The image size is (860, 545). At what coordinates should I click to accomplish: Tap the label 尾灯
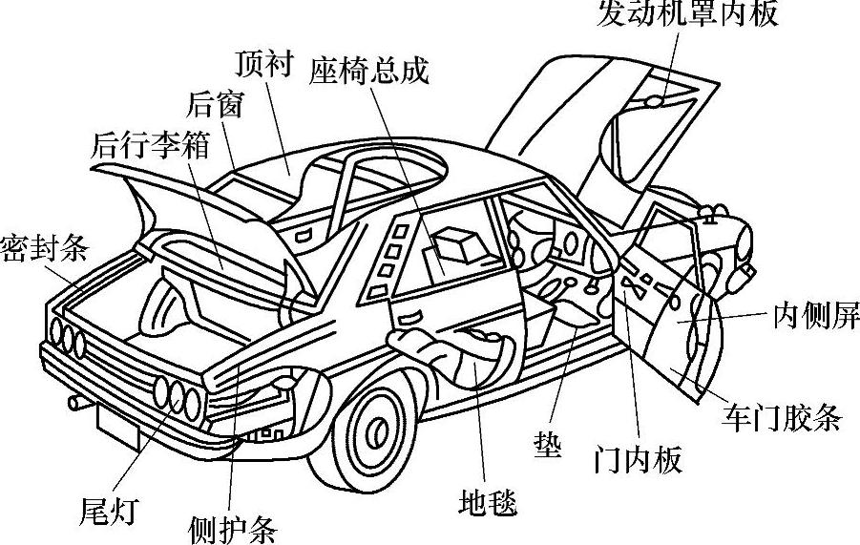click(x=107, y=512)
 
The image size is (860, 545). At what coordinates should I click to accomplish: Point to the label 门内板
click(x=637, y=460)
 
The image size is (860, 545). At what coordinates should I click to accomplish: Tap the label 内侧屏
click(x=816, y=316)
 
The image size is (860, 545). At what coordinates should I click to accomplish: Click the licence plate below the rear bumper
click(x=118, y=424)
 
